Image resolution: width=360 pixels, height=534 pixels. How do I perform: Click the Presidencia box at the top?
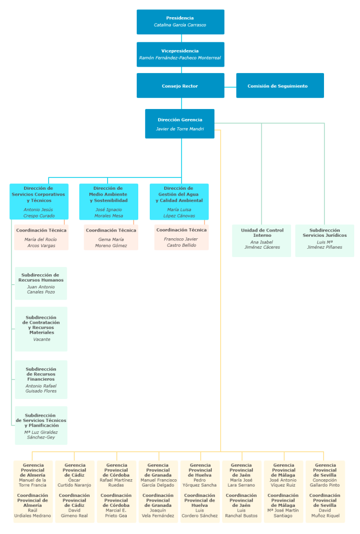(181, 22)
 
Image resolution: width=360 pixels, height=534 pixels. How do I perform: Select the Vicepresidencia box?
(181, 54)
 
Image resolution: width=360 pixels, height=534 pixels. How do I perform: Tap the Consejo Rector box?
(181, 86)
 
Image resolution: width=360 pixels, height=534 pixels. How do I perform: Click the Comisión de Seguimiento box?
(280, 86)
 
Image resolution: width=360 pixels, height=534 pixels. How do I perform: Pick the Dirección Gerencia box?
(180, 124)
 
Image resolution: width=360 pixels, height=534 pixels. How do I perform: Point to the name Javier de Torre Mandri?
(180, 129)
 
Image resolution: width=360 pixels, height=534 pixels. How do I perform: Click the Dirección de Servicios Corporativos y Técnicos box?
(39, 202)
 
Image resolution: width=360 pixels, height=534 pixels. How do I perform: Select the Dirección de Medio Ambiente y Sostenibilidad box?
(109, 202)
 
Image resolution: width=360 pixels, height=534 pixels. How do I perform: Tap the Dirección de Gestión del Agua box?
(179, 202)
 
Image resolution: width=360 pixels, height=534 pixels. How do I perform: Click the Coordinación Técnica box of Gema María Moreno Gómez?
(111, 237)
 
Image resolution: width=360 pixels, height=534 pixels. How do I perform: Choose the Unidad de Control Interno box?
(261, 240)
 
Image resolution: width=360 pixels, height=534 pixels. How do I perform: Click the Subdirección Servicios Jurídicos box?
(325, 240)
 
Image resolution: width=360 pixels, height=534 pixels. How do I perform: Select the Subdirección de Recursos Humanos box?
(41, 283)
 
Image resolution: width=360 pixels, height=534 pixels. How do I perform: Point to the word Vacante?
(42, 339)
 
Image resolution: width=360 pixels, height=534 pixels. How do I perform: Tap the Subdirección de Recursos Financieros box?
(41, 380)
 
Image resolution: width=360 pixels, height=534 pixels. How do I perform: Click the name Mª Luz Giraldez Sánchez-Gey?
(41, 434)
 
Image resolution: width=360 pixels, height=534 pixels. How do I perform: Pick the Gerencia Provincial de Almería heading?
(33, 470)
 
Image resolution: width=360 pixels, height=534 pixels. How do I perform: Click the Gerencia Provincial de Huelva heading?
(200, 470)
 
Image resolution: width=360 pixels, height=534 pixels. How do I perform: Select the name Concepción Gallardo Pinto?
(325, 482)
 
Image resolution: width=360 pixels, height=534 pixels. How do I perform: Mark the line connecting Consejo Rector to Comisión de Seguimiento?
(230, 87)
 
